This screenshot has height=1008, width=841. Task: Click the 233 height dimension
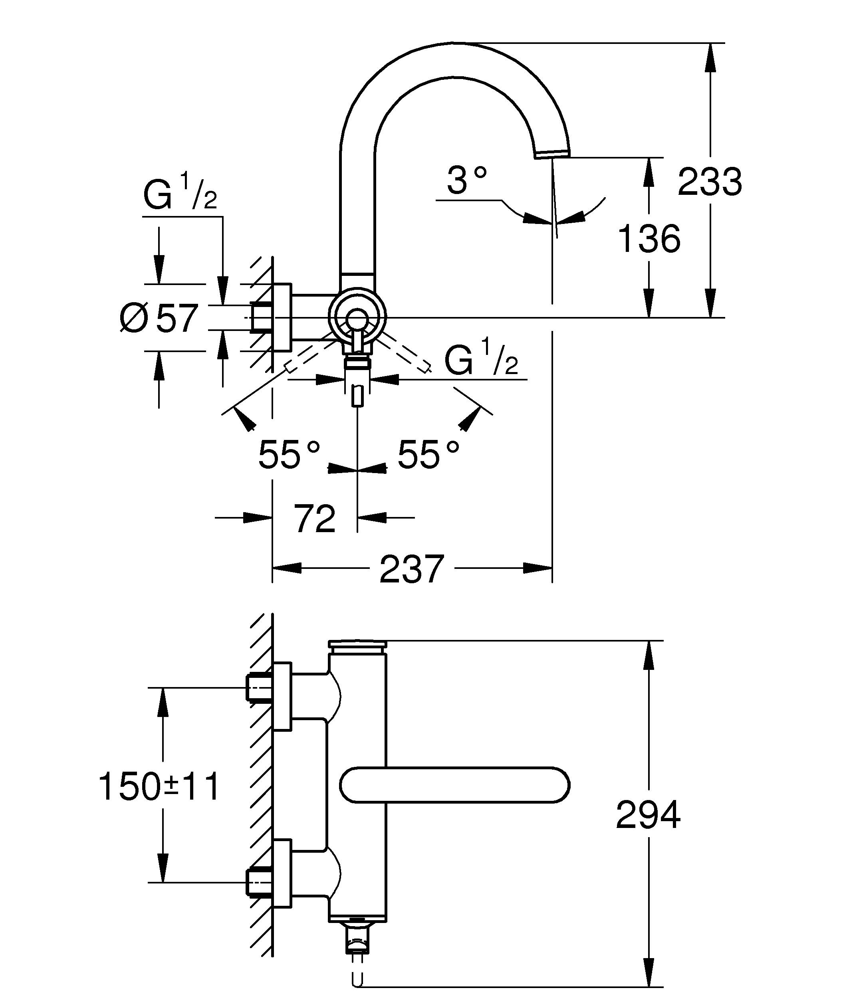pyautogui.click(x=710, y=182)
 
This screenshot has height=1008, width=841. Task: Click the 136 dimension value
pyautogui.click(x=649, y=239)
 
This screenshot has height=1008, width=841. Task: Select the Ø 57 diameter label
pyautogui.click(x=159, y=318)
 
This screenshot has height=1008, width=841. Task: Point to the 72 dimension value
pyautogui.click(x=314, y=519)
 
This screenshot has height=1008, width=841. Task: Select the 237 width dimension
pyautogui.click(x=412, y=569)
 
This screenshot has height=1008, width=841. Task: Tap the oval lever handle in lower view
pyautogui.click(x=454, y=785)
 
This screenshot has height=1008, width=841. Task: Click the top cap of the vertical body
pyautogui.click(x=357, y=644)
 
